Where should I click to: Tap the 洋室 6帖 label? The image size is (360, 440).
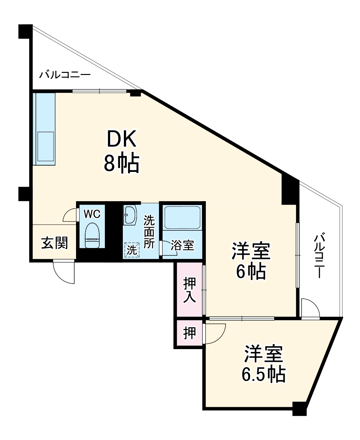(x=251, y=261)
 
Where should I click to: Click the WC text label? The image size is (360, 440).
(x=92, y=213)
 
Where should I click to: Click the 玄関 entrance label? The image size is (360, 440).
(x=55, y=243)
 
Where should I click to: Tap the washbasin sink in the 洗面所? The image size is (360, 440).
(x=130, y=215)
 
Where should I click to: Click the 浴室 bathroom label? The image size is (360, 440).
(x=182, y=246)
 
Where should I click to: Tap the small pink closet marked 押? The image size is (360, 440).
(x=189, y=333)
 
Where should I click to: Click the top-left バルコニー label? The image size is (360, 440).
(x=65, y=75)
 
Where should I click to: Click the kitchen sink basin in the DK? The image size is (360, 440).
(x=45, y=147)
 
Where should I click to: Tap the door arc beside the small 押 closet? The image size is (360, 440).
(x=215, y=333)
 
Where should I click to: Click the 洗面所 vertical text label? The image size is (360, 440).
(x=149, y=232)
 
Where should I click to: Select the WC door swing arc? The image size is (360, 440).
(x=70, y=215)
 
